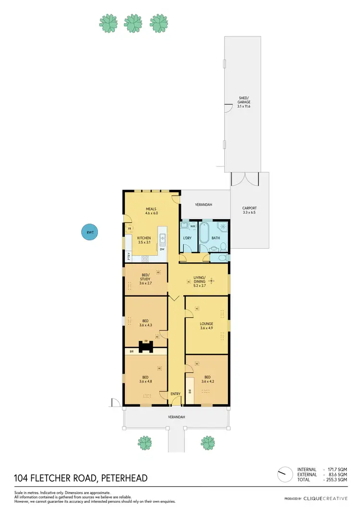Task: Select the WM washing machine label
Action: click(x=192, y=226)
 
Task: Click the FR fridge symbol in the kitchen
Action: click(x=130, y=229)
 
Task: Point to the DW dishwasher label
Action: click(x=162, y=249)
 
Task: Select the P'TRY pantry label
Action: click(x=128, y=257)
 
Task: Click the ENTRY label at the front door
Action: click(x=176, y=394)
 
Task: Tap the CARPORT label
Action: click(x=250, y=208)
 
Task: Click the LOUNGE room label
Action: click(x=206, y=324)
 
